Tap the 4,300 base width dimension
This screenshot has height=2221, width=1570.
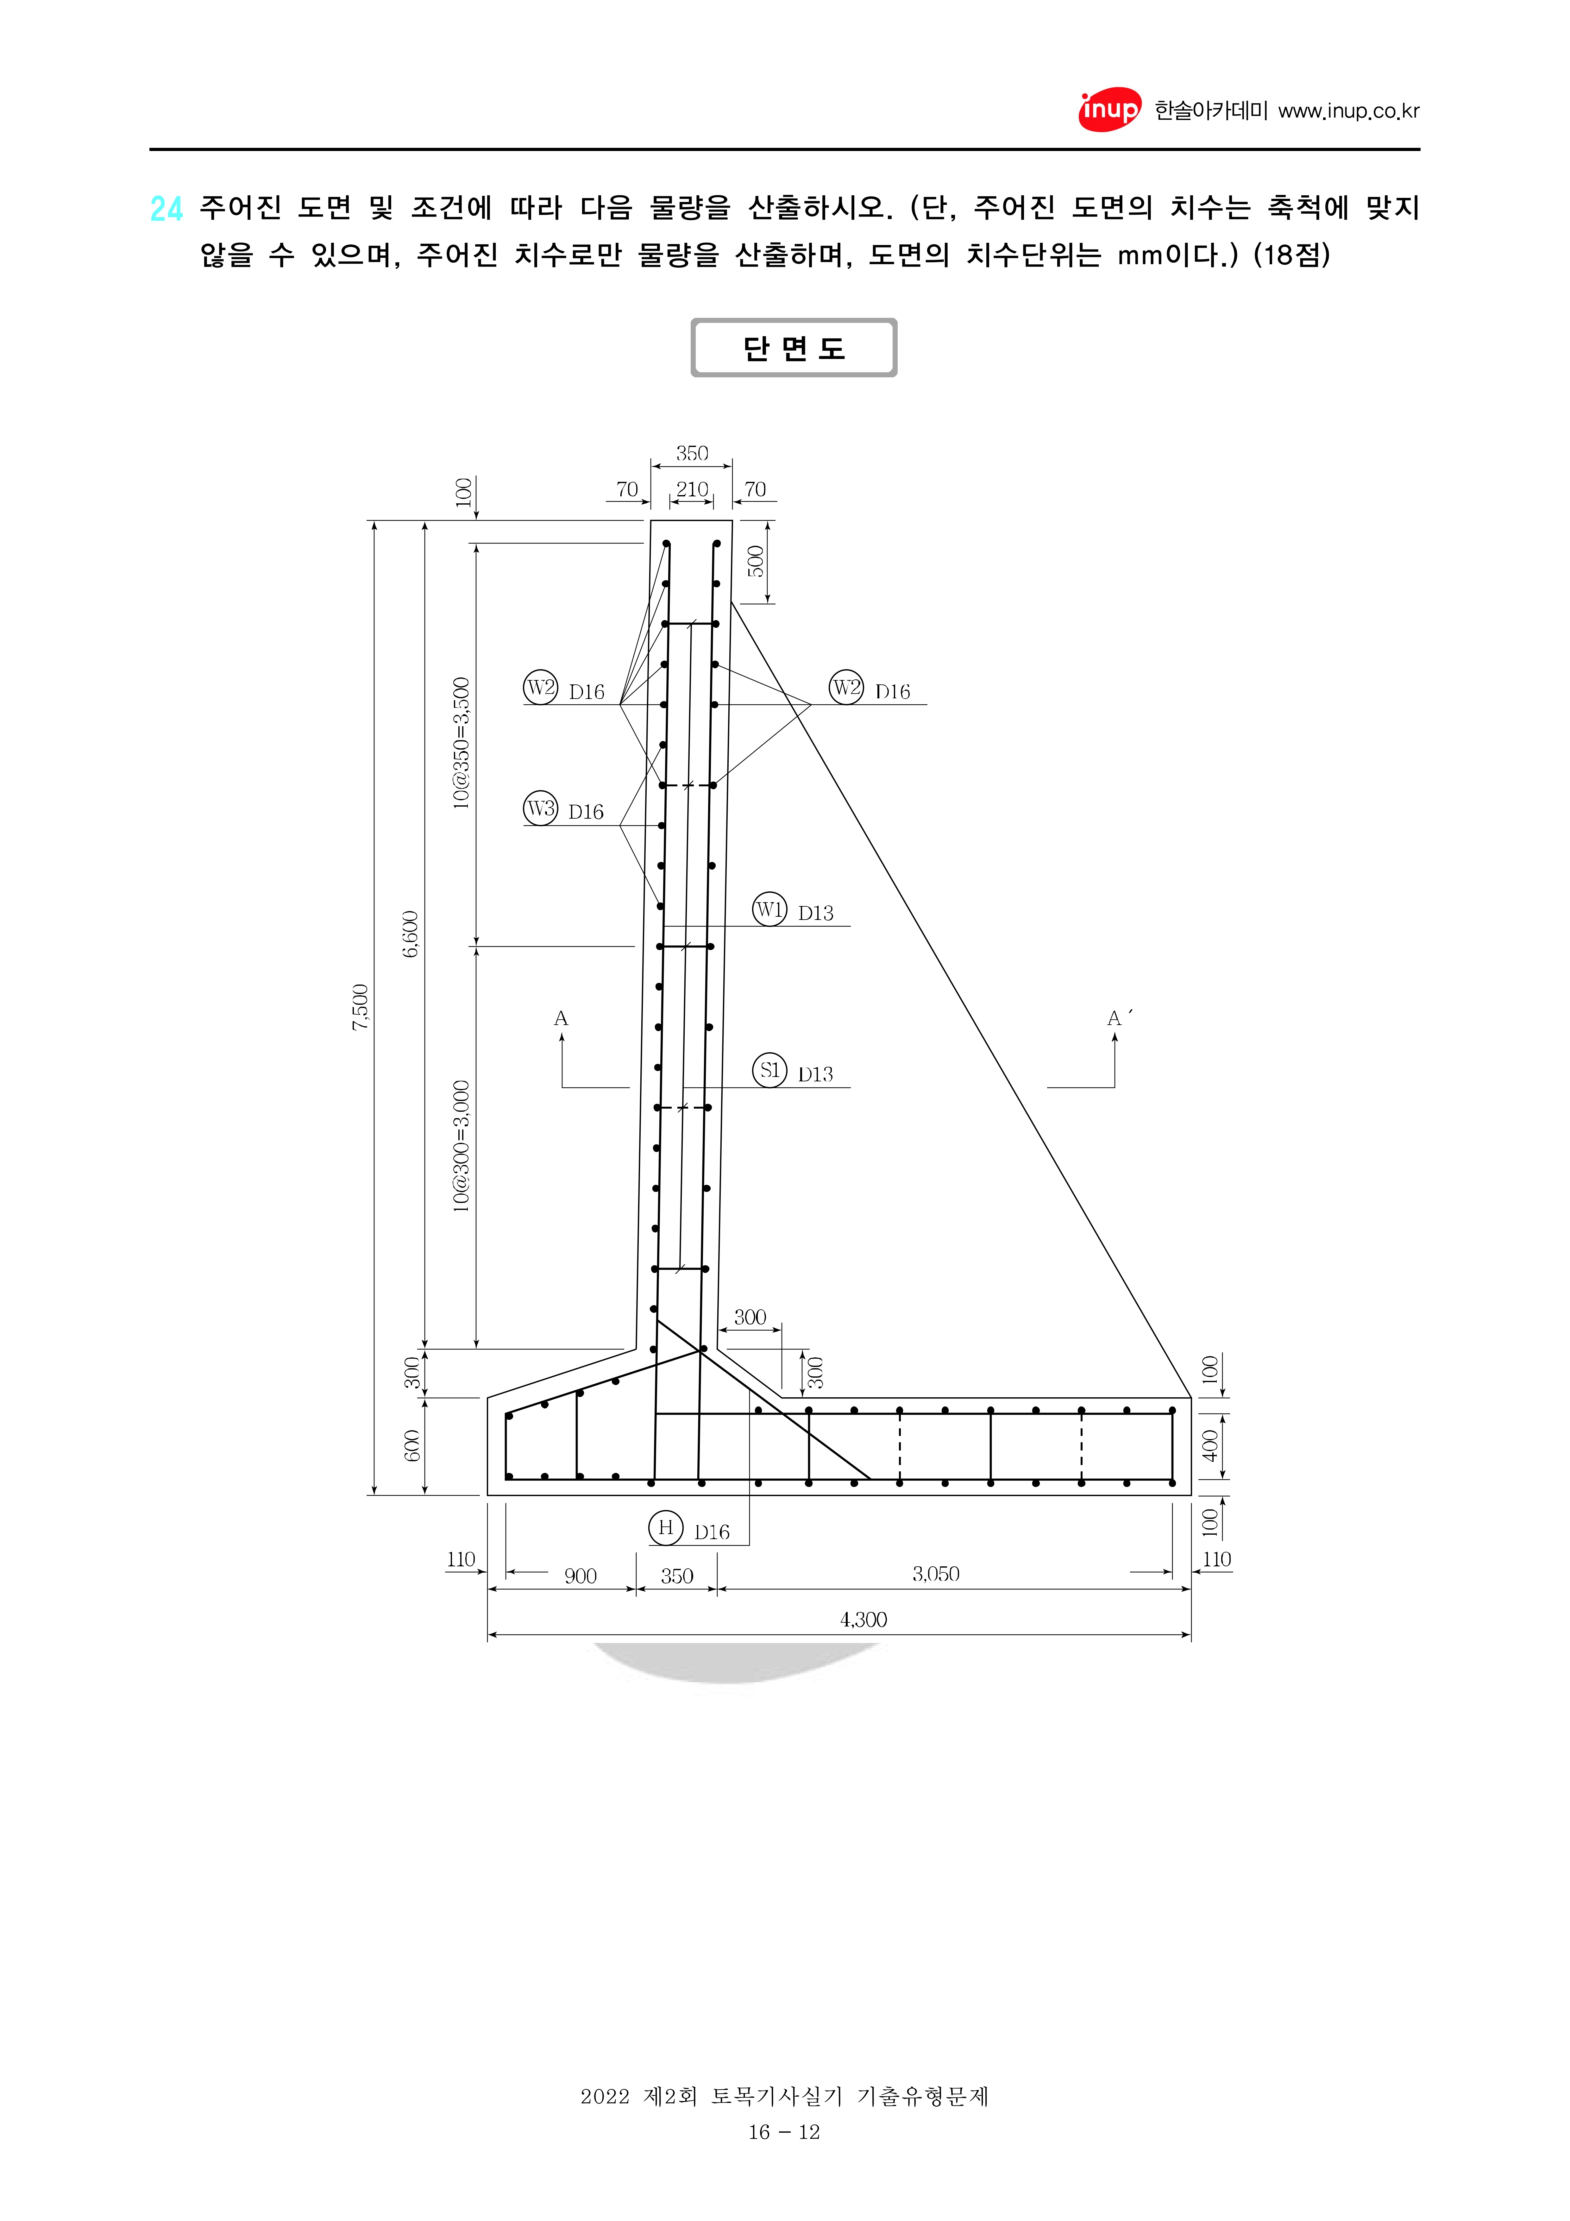863,1619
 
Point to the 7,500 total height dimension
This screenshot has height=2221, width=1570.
360,1007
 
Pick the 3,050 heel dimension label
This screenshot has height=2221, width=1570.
935,1574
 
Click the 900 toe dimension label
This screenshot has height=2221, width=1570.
581,1576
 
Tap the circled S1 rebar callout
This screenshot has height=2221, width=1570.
770,1070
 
